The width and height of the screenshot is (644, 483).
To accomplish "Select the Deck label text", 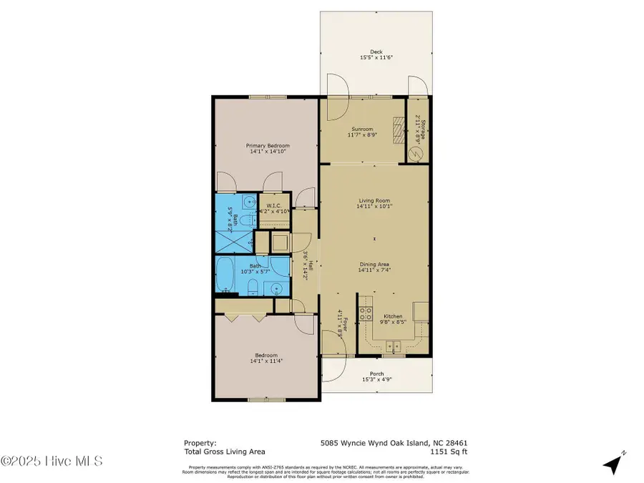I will click(x=376, y=52).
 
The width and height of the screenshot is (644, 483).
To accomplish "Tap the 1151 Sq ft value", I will click(x=449, y=452).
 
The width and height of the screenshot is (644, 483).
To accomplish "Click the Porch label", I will click(x=376, y=374).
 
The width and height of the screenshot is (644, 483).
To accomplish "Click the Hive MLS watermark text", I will click(x=52, y=461).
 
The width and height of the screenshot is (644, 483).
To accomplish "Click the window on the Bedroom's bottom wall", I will click(x=258, y=399).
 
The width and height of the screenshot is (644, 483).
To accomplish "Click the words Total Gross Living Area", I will click(x=224, y=452).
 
